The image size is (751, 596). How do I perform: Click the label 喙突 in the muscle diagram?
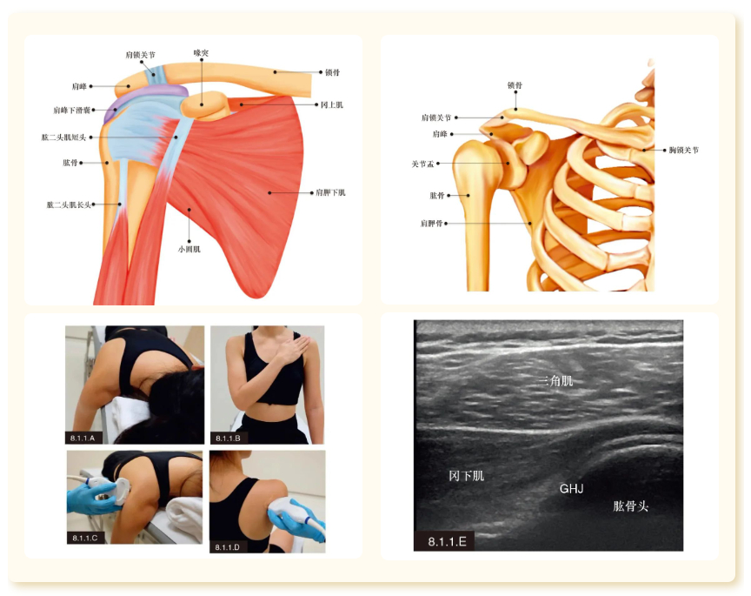[201, 53]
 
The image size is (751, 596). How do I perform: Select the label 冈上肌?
[331, 104]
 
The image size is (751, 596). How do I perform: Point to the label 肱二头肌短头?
[63, 137]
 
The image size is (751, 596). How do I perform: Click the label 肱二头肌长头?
[69, 204]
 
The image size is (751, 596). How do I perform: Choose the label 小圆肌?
[189, 249]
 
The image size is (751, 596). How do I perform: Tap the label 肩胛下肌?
[330, 192]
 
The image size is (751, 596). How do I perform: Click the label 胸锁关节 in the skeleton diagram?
[683, 151]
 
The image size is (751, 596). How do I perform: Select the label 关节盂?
[424, 163]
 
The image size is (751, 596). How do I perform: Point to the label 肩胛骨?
[432, 223]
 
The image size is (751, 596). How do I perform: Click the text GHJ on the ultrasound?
[571, 489]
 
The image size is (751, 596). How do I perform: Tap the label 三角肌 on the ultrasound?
[555, 380]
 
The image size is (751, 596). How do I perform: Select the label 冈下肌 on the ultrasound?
[467, 476]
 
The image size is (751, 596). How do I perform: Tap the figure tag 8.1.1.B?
[228, 437]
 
